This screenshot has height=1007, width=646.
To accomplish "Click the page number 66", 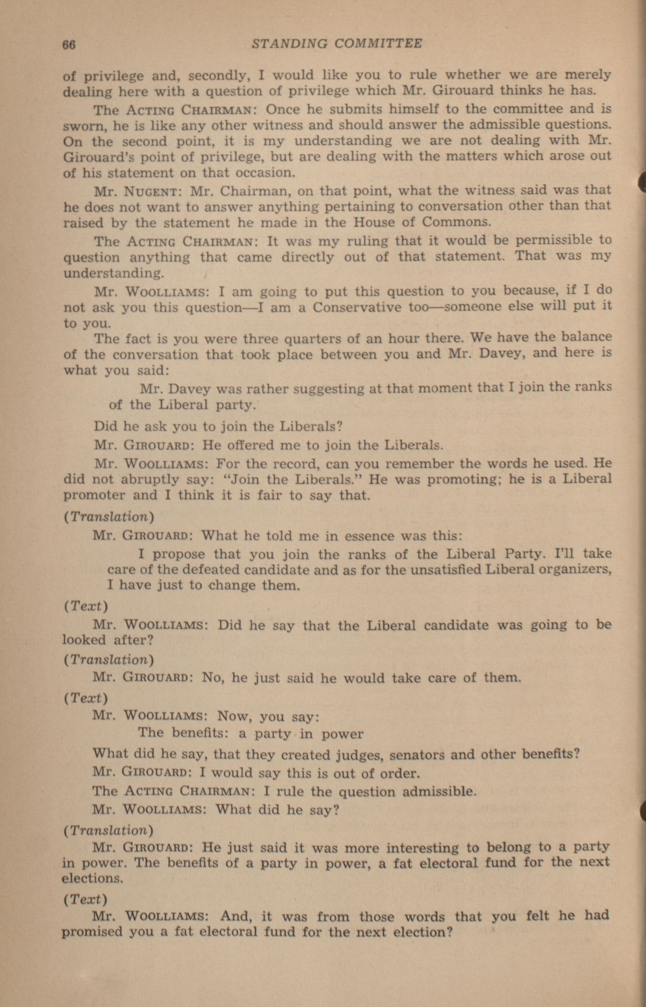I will point(69,44).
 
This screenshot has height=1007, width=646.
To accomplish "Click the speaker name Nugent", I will point(152,191).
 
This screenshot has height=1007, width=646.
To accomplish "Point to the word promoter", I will point(94,495).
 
